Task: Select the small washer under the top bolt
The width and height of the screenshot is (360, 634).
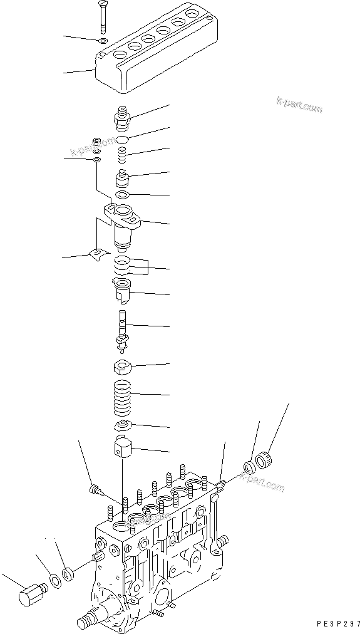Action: tap(103, 41)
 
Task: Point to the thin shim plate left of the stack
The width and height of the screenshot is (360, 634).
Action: tap(98, 255)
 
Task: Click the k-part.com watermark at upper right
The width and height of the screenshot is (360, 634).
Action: tap(299, 105)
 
